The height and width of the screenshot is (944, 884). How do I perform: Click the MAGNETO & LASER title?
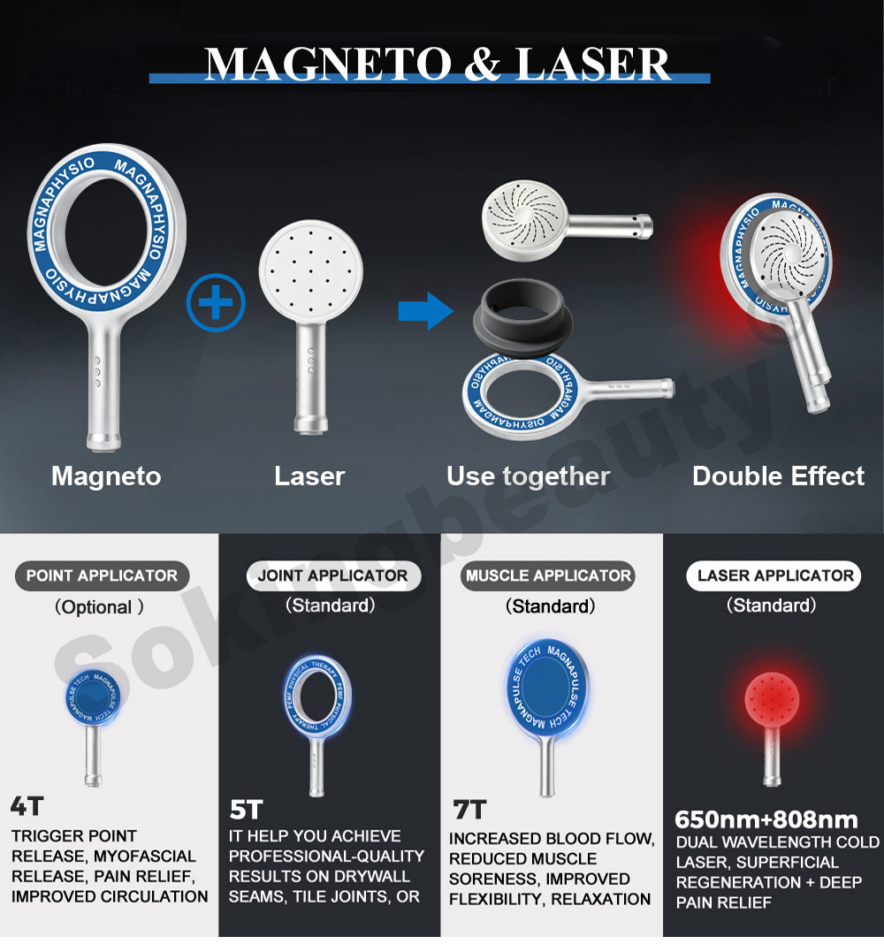click(x=438, y=64)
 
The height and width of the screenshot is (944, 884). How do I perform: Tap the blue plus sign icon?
click(x=216, y=302)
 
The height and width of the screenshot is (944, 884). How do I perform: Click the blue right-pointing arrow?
click(x=425, y=310)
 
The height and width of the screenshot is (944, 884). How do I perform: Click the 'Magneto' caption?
click(x=106, y=476)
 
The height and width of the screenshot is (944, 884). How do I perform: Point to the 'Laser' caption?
click(x=309, y=476)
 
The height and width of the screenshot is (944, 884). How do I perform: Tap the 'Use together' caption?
click(x=528, y=476)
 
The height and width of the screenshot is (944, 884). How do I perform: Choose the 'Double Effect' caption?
click(x=778, y=476)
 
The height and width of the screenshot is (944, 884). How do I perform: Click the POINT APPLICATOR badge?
click(x=102, y=575)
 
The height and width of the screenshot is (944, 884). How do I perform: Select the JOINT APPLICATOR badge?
click(x=333, y=575)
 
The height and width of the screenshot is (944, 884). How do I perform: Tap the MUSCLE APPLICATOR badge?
click(x=548, y=575)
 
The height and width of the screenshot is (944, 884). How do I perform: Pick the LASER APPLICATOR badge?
click(x=774, y=575)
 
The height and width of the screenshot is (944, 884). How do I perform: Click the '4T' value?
click(x=27, y=806)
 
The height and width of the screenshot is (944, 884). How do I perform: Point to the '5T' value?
click(x=246, y=811)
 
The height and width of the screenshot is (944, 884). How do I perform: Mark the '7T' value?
click(x=469, y=811)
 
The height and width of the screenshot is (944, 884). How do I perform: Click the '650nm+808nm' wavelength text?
click(x=766, y=820)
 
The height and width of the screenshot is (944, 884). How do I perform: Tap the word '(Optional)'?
click(x=99, y=607)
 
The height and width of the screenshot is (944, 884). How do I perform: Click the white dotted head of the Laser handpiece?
click(x=310, y=271)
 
